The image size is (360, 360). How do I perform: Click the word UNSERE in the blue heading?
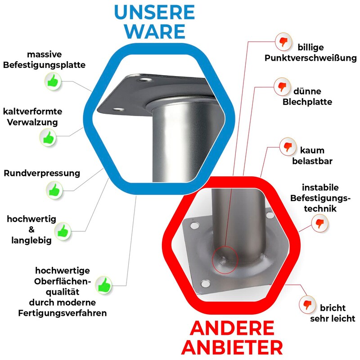pos(154,12)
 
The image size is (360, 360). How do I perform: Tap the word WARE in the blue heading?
pos(155,31)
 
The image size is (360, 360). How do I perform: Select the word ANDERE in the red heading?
pos(232,328)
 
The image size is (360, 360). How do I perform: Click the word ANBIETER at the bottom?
pos(232,347)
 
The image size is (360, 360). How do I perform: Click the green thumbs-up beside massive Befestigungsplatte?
pos(53,81)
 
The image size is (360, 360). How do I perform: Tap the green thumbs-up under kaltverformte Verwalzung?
pos(48,137)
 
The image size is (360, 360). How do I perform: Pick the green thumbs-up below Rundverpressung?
pos(54,190)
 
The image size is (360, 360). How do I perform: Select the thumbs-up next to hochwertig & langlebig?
pos(63,231)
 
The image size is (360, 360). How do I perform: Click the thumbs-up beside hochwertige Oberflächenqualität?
pos(103,285)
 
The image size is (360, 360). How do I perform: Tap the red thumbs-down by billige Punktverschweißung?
pos(283,42)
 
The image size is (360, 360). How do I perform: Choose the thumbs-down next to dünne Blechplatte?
pos(282,87)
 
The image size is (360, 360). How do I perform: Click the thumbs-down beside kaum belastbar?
pos(288,147)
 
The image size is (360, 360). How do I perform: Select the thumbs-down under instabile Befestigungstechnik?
pos(320,223)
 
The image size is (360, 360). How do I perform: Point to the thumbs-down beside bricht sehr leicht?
pos(307,305)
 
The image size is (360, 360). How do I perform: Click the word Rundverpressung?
pos(42,173)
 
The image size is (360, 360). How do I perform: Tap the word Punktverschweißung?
pos(310,58)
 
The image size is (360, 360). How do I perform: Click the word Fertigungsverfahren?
pos(63,313)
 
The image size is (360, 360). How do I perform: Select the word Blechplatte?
pos(307,102)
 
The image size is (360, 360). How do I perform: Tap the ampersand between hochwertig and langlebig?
pos(31,229)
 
